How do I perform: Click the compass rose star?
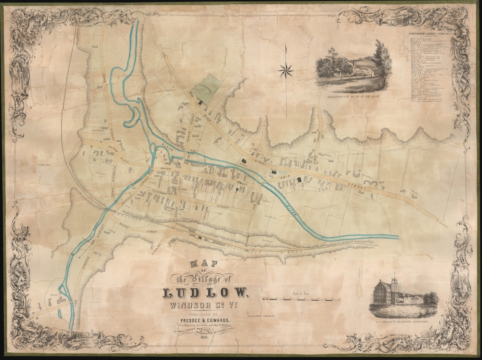286,71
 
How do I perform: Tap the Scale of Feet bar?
301,299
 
